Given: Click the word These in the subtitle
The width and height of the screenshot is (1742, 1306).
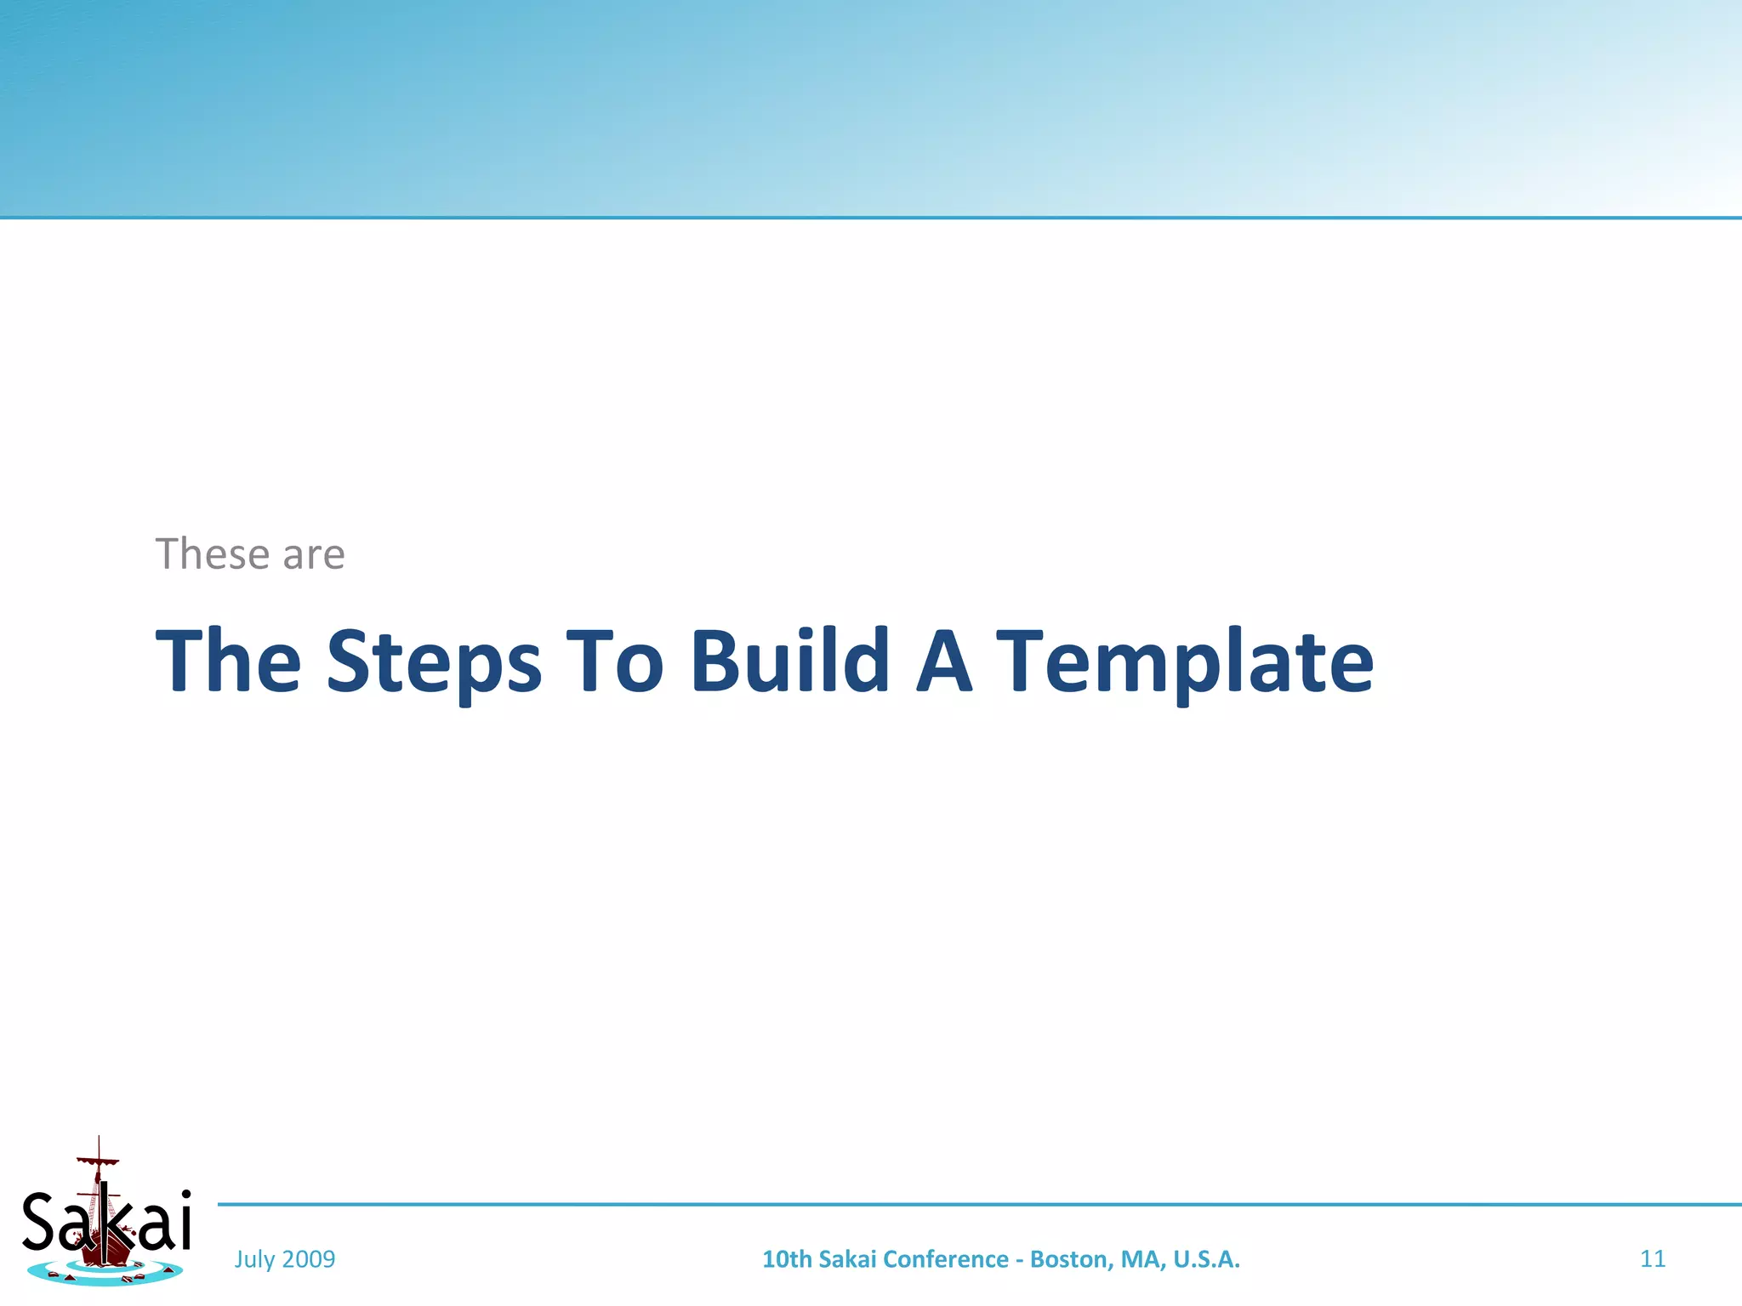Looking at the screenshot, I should (x=213, y=554).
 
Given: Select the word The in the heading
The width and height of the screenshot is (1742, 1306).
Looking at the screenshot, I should (x=228, y=661).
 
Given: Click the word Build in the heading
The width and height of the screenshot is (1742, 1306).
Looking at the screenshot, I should (x=790, y=661).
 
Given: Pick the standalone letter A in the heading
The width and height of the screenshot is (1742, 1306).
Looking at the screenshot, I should (x=943, y=661).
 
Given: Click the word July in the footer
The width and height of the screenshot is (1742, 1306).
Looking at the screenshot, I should (x=254, y=1259).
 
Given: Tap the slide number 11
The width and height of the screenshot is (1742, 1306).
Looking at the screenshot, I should (x=1652, y=1259).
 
